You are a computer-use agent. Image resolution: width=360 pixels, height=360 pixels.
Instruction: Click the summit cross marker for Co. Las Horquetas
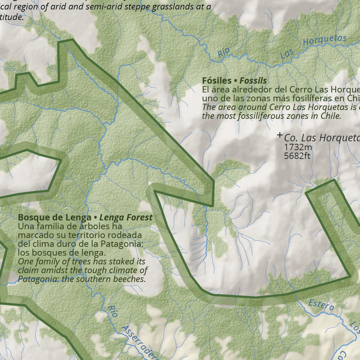pyautogui.click(x=280, y=135)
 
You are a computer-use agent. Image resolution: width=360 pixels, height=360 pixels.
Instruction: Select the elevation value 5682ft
pyautogui.click(x=297, y=155)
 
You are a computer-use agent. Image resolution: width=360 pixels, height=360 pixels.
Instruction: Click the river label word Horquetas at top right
pyautogui.click(x=325, y=40)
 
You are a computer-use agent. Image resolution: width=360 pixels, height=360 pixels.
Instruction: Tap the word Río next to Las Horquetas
pyautogui.click(x=224, y=53)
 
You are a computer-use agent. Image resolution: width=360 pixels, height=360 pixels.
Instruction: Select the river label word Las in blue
pyautogui.click(x=287, y=54)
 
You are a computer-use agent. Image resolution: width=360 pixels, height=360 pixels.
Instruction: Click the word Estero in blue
pyautogui.click(x=321, y=305)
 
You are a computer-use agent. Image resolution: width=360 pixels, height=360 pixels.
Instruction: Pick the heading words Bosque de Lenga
pyautogui.click(x=52, y=218)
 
